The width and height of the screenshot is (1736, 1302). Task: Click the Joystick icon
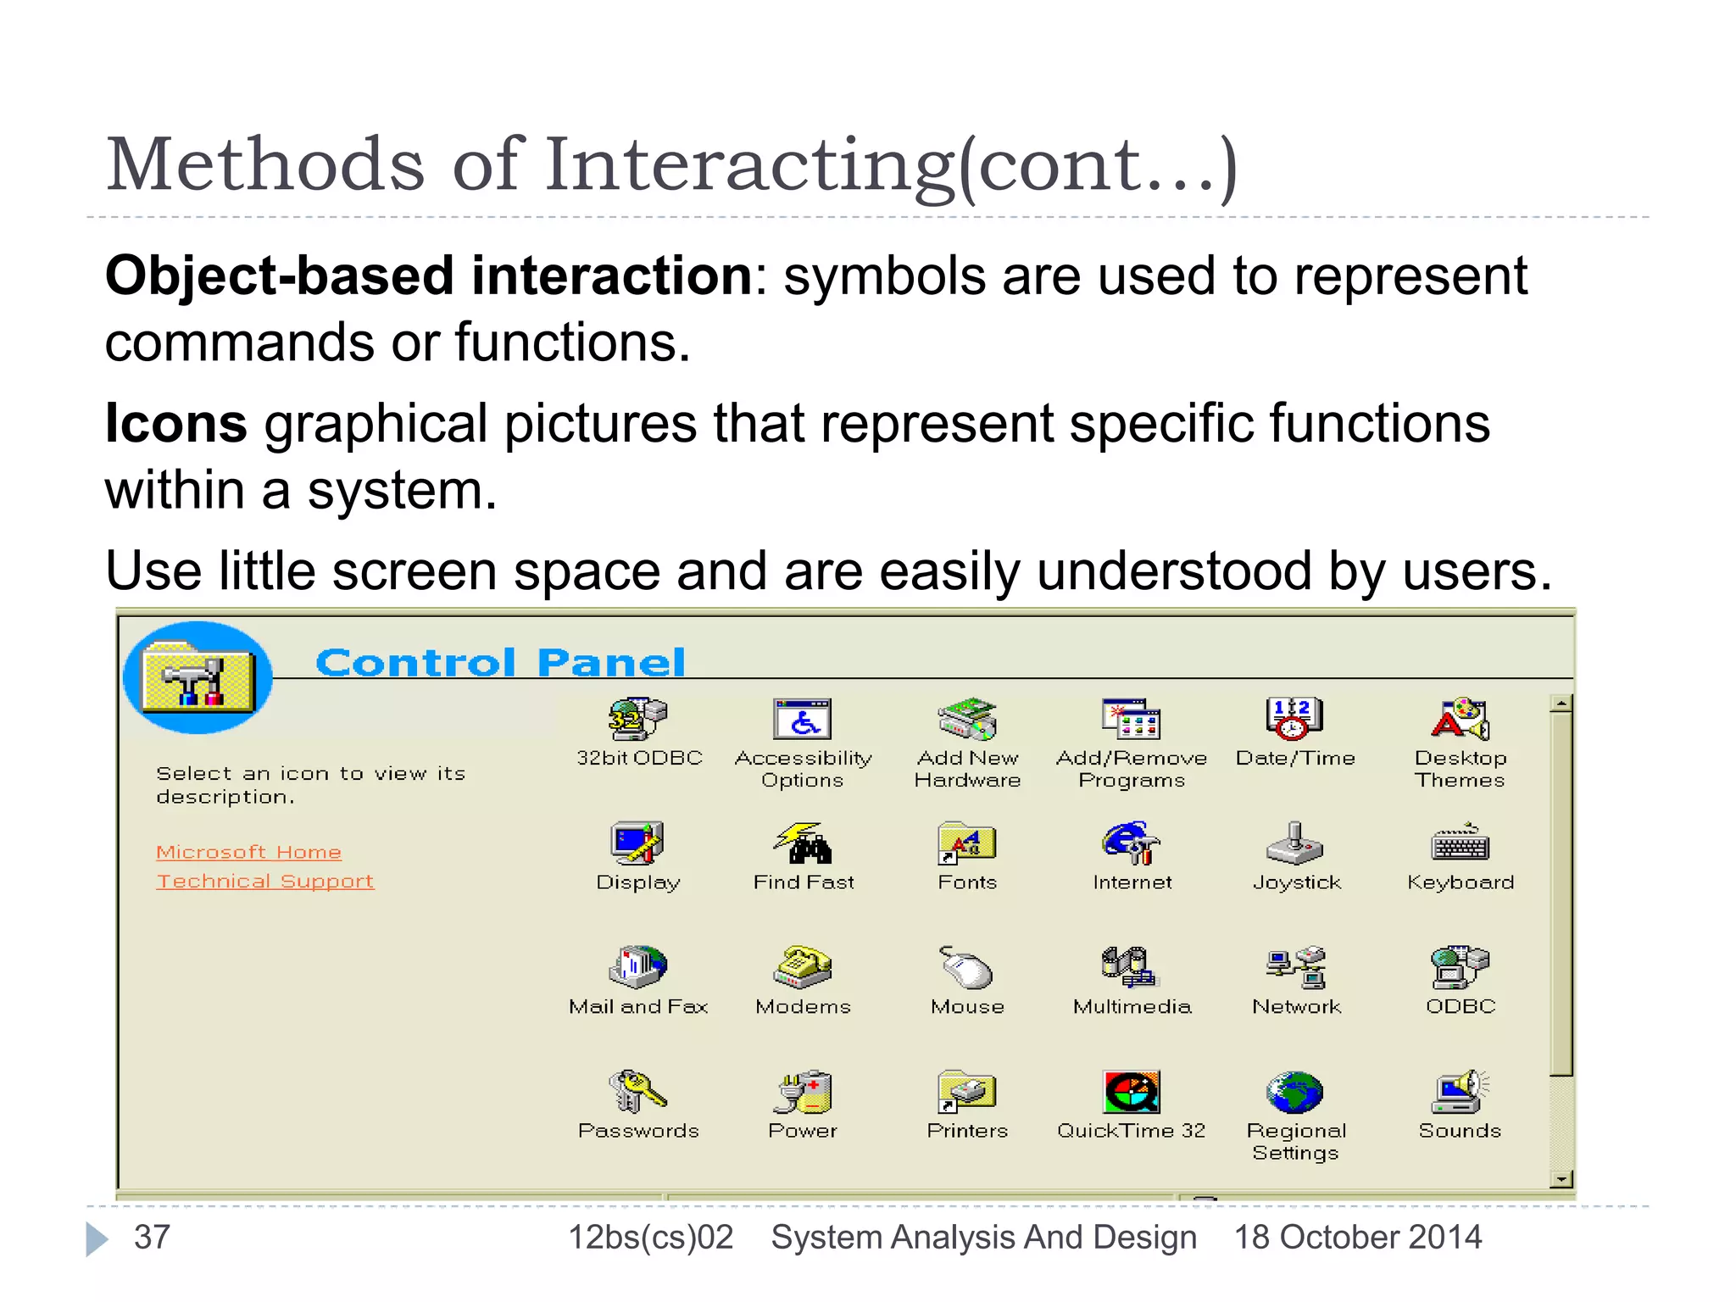1294,843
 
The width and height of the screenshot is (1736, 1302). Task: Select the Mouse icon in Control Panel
966,967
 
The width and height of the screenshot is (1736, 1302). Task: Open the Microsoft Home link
248,852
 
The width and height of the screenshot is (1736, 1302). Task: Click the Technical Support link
264,882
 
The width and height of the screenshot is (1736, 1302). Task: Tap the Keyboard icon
1460,843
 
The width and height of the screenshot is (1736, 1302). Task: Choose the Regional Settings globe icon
1294,1092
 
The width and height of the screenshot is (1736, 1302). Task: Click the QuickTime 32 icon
1131,1092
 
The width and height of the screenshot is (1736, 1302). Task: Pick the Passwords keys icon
637,1092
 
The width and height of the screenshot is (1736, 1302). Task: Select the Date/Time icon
1294,719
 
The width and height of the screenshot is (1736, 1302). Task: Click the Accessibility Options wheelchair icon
802,719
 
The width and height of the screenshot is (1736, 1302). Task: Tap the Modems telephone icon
802,967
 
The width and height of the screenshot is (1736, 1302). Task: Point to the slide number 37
153,1237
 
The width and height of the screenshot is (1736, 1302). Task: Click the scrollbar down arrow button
1561,1178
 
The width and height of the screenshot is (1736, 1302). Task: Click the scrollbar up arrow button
1561,704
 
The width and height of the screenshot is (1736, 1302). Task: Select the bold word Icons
175,423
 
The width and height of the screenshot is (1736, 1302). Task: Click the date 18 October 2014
1357,1237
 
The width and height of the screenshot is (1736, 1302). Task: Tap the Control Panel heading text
500,662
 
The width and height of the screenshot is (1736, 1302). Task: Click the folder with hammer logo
198,677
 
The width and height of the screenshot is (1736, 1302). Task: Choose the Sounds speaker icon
1460,1092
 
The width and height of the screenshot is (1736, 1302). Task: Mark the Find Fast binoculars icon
802,843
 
